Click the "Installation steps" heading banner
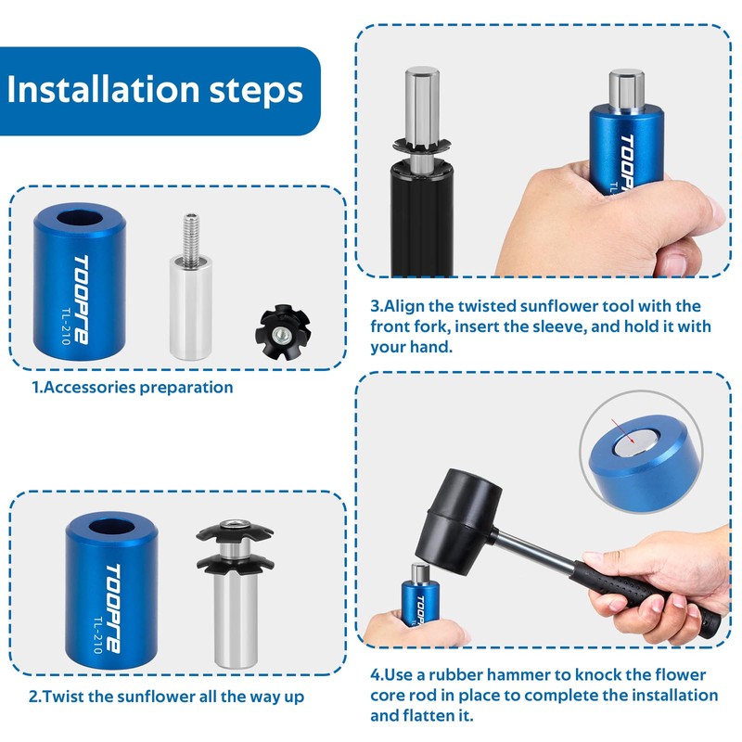point(160,91)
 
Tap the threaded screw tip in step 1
point(191,234)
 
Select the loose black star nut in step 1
point(283,331)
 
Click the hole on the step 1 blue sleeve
point(80,220)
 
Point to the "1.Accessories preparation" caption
point(133,387)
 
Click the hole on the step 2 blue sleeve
point(112,527)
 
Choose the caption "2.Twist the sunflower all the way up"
point(166,697)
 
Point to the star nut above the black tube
point(421,145)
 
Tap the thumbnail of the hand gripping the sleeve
point(610,219)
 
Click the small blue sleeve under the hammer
point(420,605)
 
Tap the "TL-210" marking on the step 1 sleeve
point(65,326)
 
